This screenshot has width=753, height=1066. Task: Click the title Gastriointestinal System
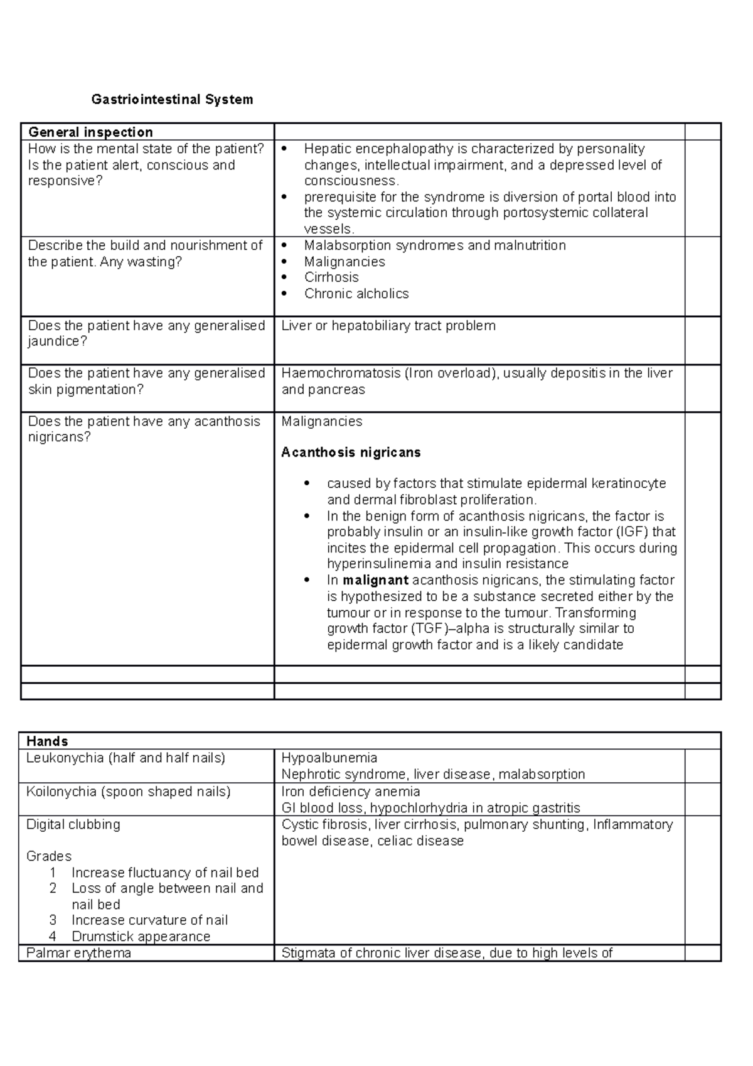tap(172, 99)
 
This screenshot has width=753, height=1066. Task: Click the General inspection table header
tap(90, 132)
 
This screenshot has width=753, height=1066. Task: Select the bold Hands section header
tap(47, 741)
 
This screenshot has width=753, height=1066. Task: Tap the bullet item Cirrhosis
tap(331, 277)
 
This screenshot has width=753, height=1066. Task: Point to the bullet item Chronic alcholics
tap(356, 294)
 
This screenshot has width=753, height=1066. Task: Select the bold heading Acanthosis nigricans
tap(351, 453)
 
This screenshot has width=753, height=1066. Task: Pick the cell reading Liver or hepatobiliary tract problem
tap(388, 326)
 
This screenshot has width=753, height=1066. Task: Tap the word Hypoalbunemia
tap(329, 758)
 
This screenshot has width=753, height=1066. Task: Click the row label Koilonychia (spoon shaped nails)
tap(128, 792)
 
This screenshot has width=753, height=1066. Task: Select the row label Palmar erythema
tap(78, 953)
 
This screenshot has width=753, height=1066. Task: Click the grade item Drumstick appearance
tap(141, 937)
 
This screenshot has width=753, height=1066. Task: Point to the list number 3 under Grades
tap(53, 920)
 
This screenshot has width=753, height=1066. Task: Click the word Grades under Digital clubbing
tap(49, 856)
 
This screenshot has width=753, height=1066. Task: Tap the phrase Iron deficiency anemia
tap(350, 792)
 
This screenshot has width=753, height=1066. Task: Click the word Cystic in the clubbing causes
tap(299, 824)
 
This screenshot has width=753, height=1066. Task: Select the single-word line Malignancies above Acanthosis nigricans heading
tap(321, 421)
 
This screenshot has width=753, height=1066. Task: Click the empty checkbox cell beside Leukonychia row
tap(702, 766)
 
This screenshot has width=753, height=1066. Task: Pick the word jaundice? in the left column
tap(57, 342)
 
